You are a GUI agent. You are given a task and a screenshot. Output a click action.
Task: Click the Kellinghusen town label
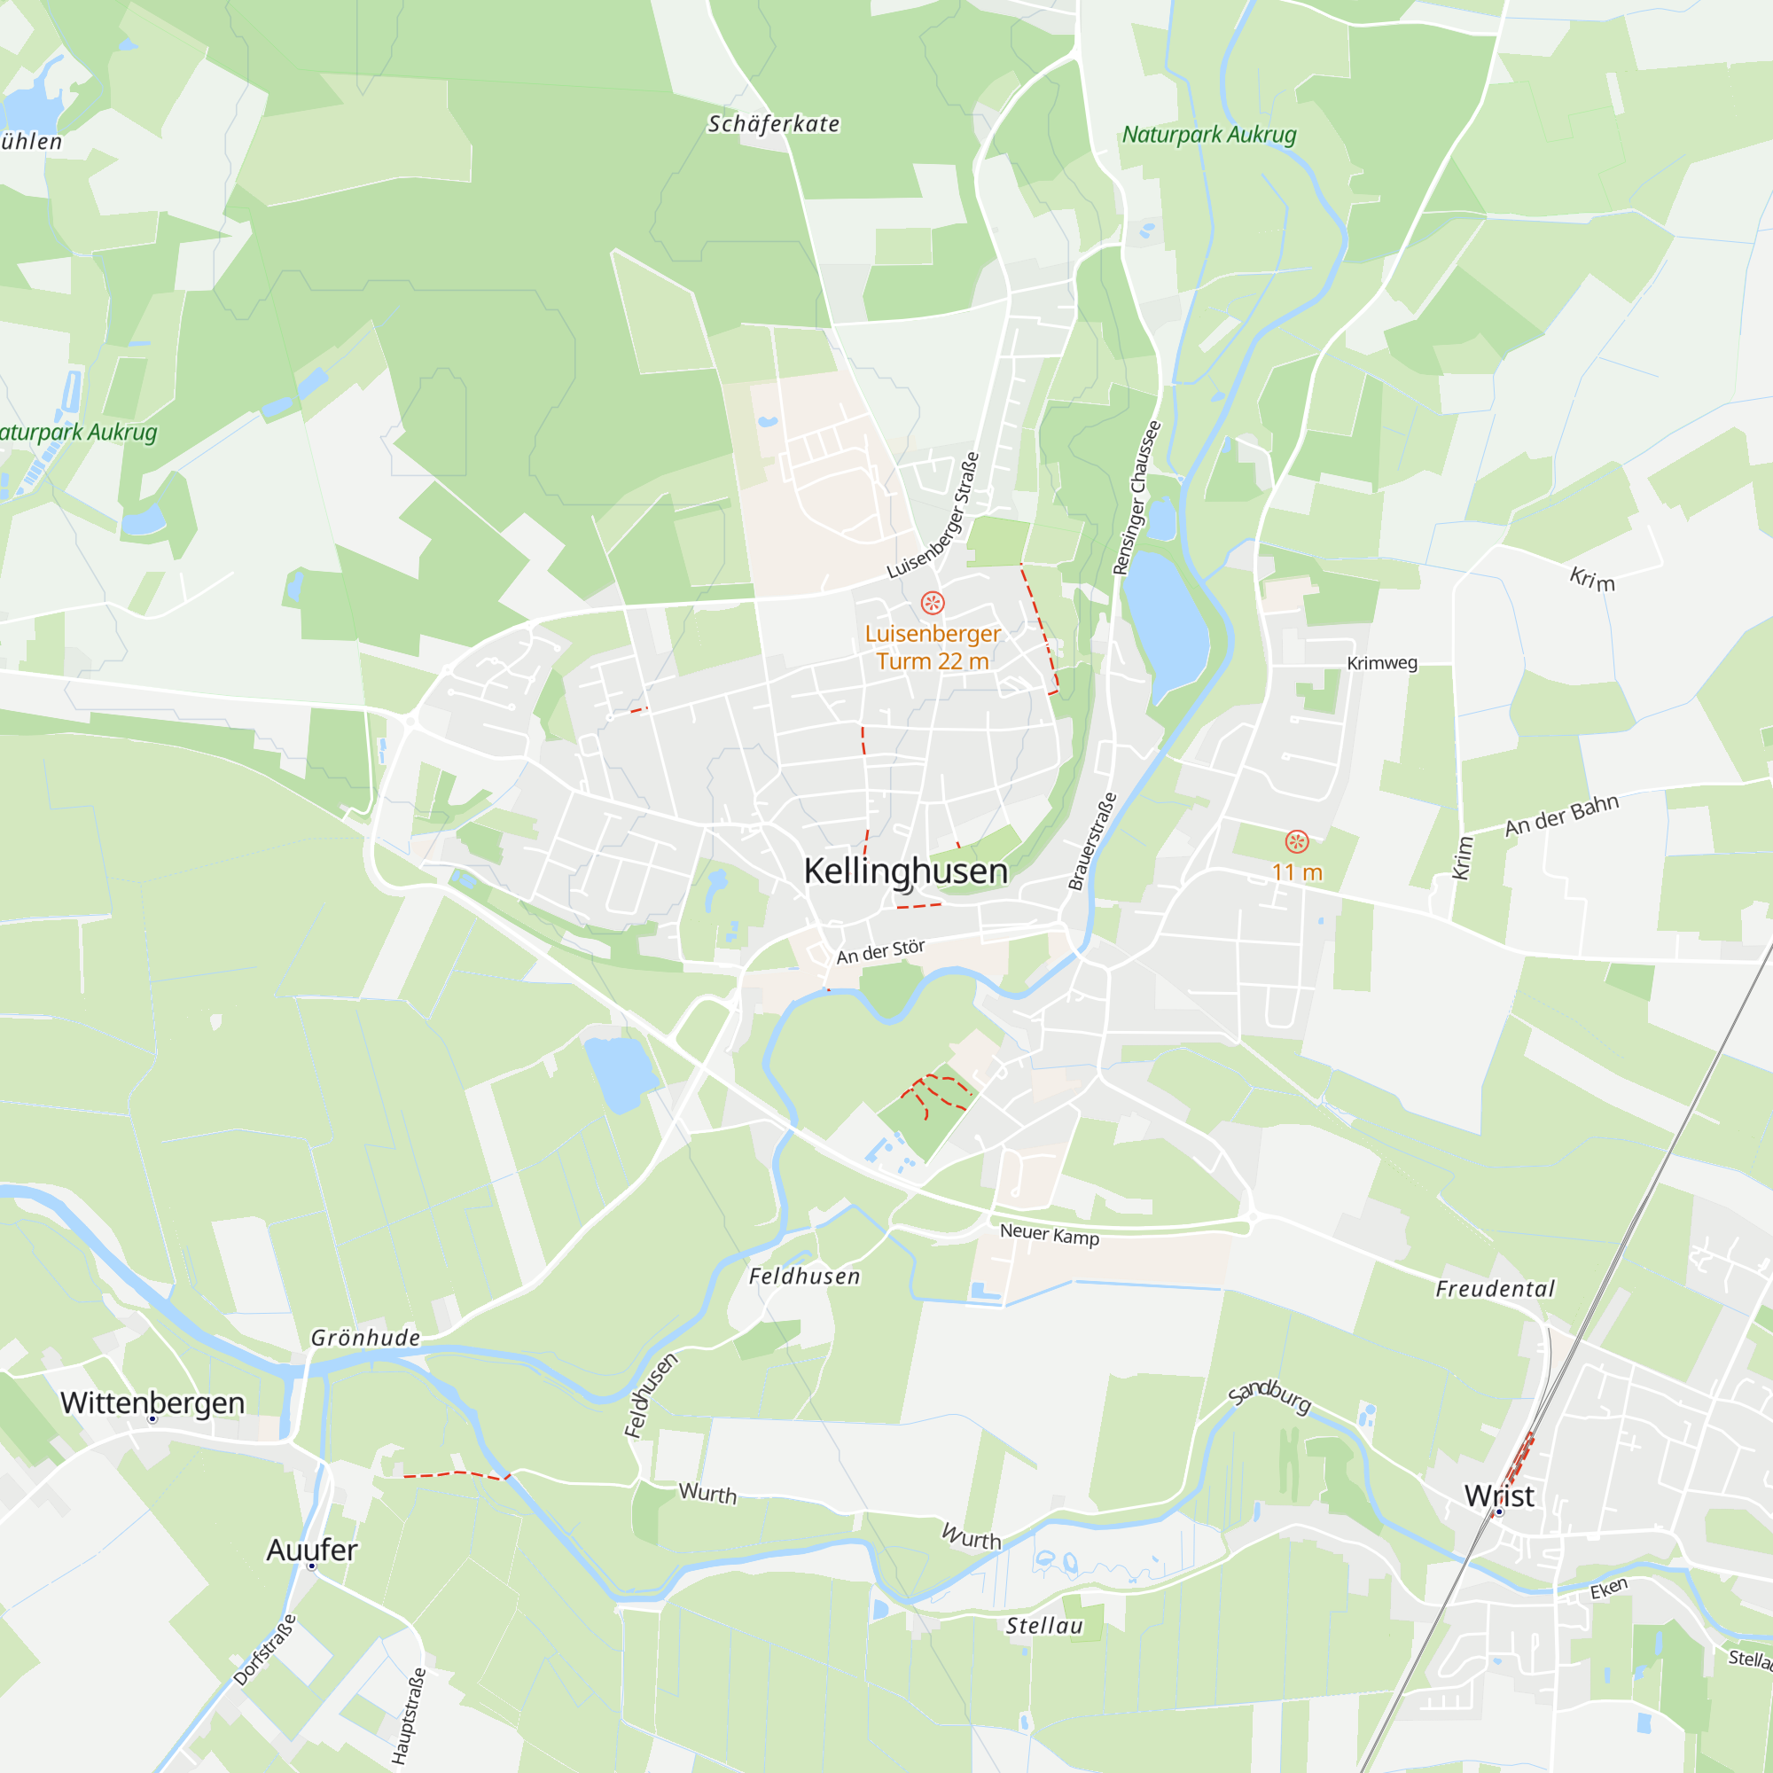point(905,871)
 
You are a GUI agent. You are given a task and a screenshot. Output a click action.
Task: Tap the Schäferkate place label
point(774,124)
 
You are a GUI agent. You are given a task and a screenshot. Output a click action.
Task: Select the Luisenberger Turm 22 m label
point(933,647)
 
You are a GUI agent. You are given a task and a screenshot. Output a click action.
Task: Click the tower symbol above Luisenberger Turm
point(933,603)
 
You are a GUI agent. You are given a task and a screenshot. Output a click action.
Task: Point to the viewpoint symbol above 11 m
point(1297,841)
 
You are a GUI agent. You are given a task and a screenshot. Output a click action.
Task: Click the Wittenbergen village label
point(152,1402)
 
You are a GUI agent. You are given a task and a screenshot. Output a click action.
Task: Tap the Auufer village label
point(312,1550)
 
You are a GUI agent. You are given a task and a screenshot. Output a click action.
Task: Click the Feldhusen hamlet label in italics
point(804,1277)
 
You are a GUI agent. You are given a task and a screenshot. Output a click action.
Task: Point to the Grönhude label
point(365,1338)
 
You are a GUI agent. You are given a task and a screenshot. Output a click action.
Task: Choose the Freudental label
point(1495,1289)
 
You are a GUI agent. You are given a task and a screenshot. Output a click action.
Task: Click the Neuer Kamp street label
point(1049,1234)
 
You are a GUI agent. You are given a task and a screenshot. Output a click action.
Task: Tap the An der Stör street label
point(880,951)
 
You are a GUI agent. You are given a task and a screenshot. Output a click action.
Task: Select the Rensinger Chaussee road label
point(1137,498)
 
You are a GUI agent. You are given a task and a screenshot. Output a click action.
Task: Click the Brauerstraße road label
point(1092,841)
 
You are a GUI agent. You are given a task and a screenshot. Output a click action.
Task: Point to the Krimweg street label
point(1381,662)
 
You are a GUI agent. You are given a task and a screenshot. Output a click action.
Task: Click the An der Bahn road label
point(1561,815)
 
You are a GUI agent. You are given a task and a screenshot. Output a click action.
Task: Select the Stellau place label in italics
point(1043,1626)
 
